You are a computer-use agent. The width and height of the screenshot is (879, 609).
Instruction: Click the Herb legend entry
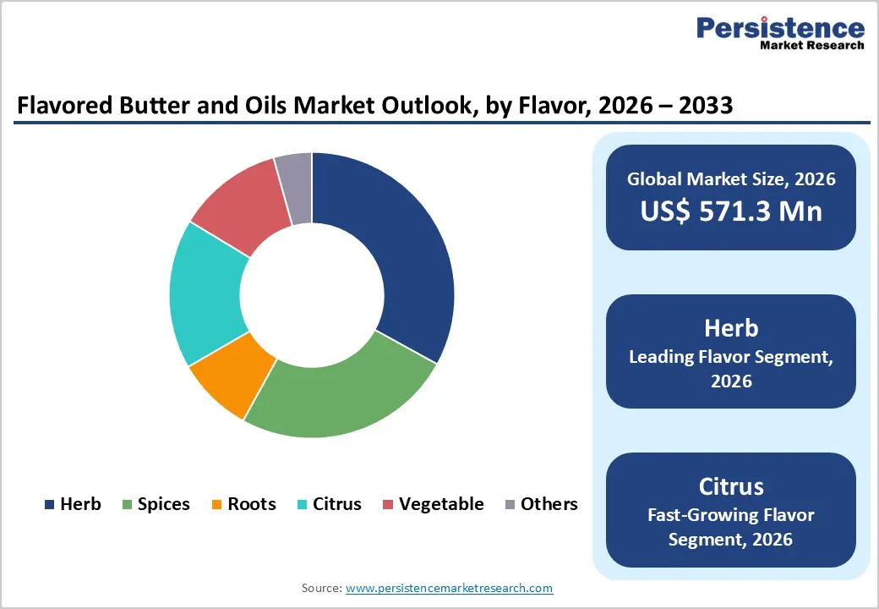click(73, 504)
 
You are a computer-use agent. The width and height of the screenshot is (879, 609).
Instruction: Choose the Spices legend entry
click(157, 504)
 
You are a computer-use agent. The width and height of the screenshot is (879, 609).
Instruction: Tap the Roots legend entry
click(243, 504)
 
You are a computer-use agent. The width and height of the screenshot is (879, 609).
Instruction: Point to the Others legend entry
click(541, 504)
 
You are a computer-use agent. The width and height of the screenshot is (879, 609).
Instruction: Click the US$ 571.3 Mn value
click(731, 211)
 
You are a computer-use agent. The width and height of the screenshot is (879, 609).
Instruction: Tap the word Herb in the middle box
click(731, 327)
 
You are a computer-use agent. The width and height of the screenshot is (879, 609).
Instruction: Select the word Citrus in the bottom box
click(731, 486)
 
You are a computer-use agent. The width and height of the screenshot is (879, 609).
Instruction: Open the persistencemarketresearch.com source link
click(450, 588)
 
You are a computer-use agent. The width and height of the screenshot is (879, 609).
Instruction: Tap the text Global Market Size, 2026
click(731, 178)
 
